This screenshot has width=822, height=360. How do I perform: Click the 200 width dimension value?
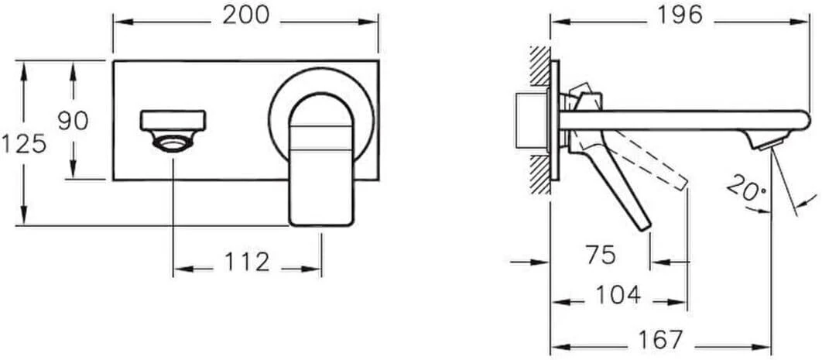tap(245, 16)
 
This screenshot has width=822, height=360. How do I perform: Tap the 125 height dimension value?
tap(23, 143)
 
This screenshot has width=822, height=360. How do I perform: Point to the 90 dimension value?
tap(73, 120)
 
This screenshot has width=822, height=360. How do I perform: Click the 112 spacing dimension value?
tap(247, 262)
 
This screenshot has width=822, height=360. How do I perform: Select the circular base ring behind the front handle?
tap(279, 101)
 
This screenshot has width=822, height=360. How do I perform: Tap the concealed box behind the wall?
tap(531, 122)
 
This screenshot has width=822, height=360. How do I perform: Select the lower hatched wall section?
tap(539, 168)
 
